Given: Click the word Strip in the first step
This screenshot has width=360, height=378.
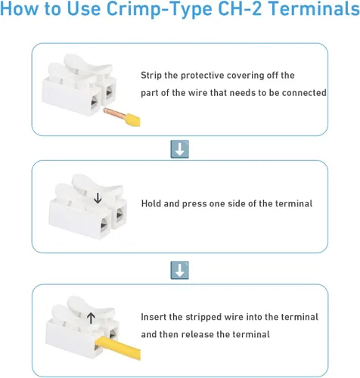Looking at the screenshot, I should tap(152, 76).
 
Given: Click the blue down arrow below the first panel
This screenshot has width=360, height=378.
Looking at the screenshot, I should tap(179, 148).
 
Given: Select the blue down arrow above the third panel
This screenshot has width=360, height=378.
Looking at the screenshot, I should tap(179, 269).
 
